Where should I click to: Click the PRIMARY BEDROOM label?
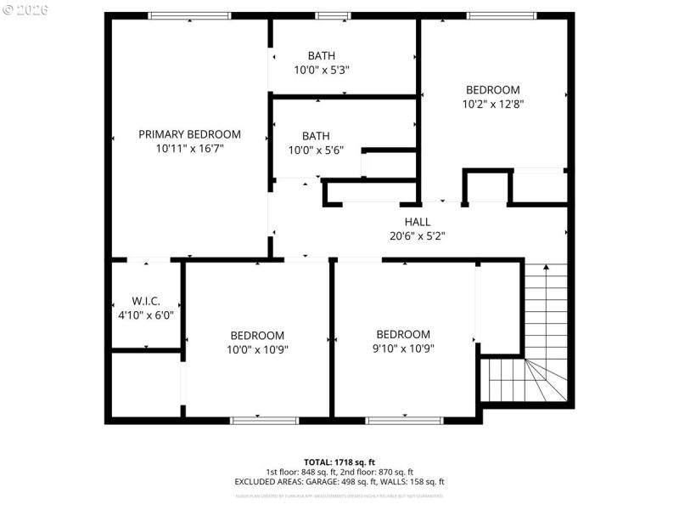[189, 134]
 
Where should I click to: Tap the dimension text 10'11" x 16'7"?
[189, 148]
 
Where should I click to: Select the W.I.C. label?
[146, 301]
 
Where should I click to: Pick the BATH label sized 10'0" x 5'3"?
[321, 56]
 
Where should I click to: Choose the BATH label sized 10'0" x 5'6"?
[316, 136]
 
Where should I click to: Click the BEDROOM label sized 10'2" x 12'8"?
[492, 90]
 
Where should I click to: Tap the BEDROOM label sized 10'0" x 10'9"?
[255, 336]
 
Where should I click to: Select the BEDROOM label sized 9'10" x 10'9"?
[403, 334]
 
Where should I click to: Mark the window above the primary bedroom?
[188, 15]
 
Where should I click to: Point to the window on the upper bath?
[333, 15]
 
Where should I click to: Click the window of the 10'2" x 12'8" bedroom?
[501, 15]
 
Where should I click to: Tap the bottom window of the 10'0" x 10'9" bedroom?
[264, 420]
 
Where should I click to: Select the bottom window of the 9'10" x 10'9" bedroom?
[404, 420]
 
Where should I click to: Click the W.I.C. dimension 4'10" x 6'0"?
[146, 314]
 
